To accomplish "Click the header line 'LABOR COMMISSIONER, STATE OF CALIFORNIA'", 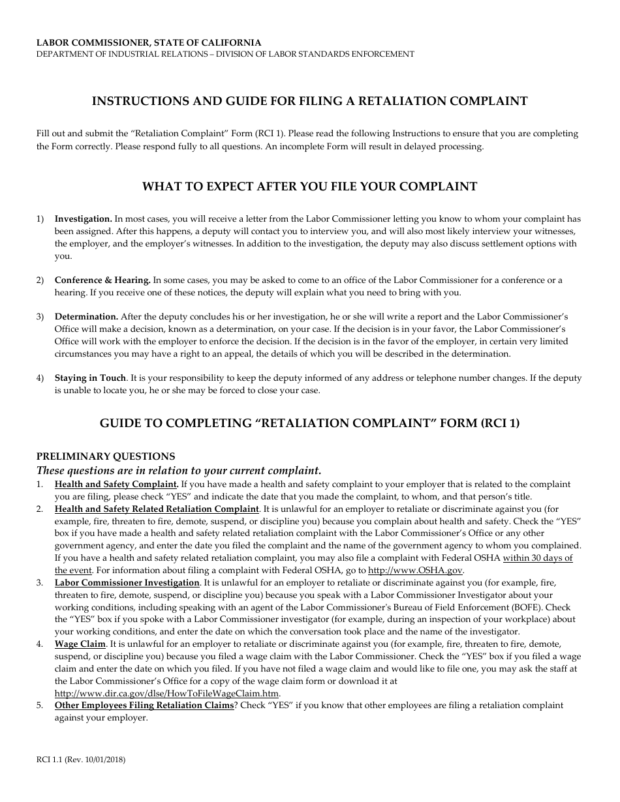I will (x=149, y=42).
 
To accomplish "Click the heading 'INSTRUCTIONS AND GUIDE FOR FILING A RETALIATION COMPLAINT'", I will (x=309, y=101).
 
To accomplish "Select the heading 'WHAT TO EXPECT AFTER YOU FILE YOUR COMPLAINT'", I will (x=309, y=186).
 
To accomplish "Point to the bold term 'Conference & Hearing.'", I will (x=102, y=280).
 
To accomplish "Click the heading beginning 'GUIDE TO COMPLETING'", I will (x=309, y=423).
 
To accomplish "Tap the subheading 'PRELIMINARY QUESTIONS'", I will (x=105, y=456).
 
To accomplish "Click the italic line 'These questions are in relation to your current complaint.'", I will (x=179, y=470).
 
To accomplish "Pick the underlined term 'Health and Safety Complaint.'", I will (x=116, y=484).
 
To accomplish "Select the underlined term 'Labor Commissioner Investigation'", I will (x=127, y=582).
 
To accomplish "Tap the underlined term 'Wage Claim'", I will (x=80, y=644).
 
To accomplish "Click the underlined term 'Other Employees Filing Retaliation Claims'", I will (x=144, y=705).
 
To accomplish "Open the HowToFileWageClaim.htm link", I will (x=167, y=693).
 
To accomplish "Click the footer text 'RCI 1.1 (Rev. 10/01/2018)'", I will (x=81, y=760).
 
